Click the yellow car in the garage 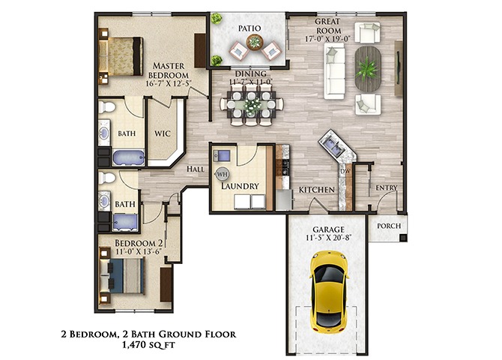[x=329, y=292]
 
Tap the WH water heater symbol [x=222, y=174]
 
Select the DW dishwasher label [x=345, y=171]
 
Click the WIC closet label [x=163, y=133]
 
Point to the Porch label [x=389, y=226]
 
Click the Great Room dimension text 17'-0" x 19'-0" [x=327, y=39]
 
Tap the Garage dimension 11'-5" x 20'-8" [x=328, y=238]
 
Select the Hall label [x=196, y=169]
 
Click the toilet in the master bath [x=106, y=107]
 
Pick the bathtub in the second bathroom [x=126, y=222]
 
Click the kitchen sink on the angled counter [x=333, y=145]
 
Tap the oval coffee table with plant [x=368, y=69]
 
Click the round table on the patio [x=255, y=42]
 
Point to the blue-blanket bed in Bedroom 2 [x=121, y=276]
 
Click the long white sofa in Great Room [x=335, y=70]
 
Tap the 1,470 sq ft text [x=148, y=345]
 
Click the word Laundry [x=240, y=186]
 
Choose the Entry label [x=386, y=187]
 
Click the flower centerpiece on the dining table [x=252, y=104]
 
